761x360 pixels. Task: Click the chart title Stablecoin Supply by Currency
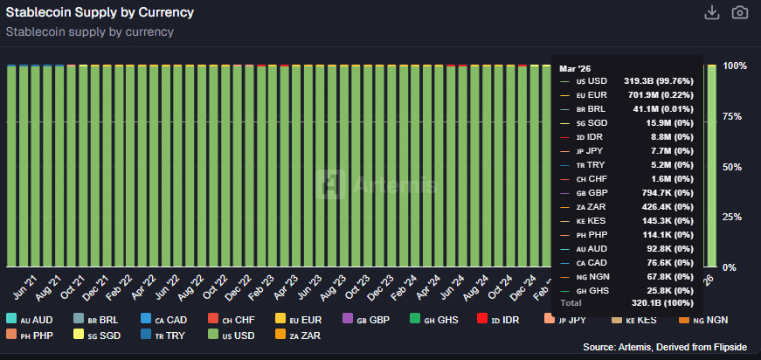click(x=100, y=13)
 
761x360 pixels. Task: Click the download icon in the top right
click(x=712, y=12)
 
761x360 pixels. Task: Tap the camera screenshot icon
click(x=740, y=12)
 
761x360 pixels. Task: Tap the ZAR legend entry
click(x=307, y=336)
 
